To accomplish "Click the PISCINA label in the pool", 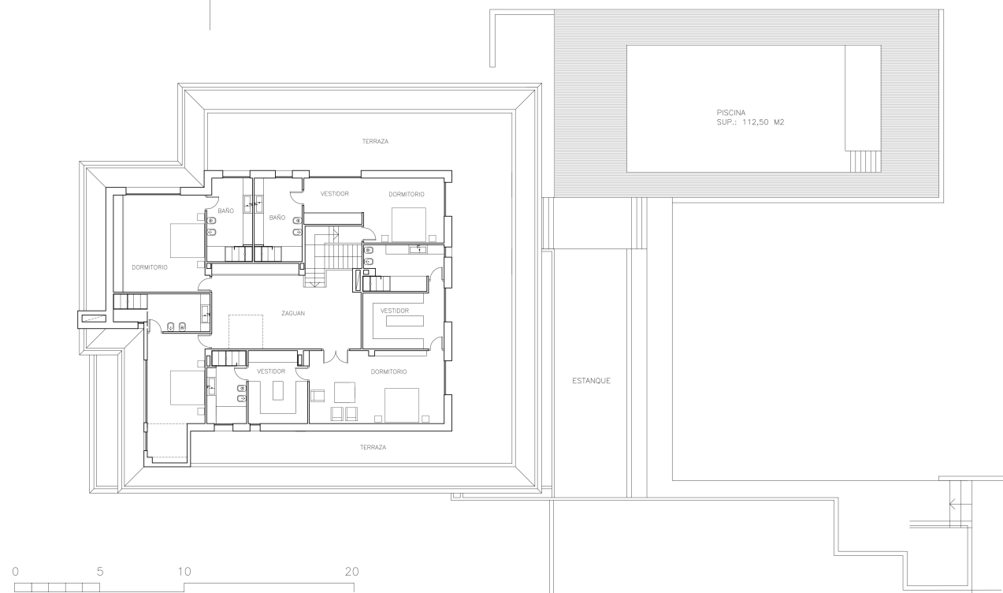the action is (730, 113).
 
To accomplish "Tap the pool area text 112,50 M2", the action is (763, 122).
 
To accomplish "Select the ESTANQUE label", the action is (591, 381).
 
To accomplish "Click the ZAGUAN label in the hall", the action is (293, 313).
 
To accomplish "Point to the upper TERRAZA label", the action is (375, 141).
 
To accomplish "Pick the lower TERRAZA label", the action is (373, 447).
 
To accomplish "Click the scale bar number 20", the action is (352, 572).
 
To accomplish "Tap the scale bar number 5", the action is (100, 572).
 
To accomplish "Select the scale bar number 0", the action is (16, 572).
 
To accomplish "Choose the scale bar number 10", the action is (184, 572).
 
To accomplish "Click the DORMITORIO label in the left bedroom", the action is (150, 267).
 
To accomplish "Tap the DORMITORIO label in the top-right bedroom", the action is (407, 194).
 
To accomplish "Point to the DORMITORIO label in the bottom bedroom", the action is (388, 371).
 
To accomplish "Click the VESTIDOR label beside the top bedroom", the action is (335, 194).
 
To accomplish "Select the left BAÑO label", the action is (225, 211).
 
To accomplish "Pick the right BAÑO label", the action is (277, 218).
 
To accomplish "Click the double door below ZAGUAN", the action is (336, 356).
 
